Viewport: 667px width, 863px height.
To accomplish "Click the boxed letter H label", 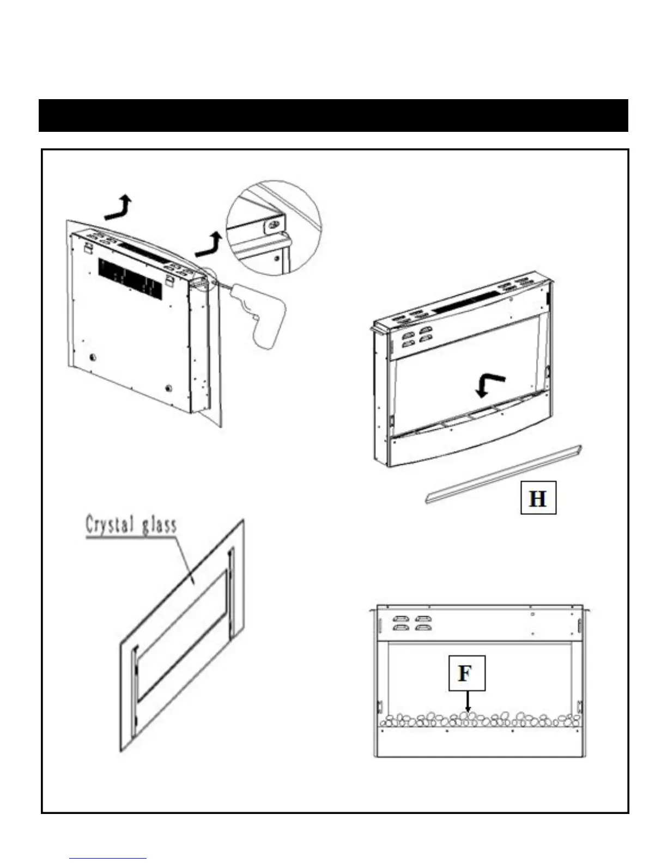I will tap(538, 497).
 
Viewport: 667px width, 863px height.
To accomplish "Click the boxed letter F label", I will tap(466, 673).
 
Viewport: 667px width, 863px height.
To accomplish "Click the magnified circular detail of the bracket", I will tap(274, 227).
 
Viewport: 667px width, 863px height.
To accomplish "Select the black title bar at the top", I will tap(333, 116).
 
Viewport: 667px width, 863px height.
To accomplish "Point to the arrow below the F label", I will tap(467, 702).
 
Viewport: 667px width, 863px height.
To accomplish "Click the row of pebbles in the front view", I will tap(480, 720).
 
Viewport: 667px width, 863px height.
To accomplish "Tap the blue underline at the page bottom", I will tap(108, 859).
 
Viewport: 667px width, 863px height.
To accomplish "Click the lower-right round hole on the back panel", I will tap(168, 388).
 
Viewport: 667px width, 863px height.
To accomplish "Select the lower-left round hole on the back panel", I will tap(93, 357).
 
